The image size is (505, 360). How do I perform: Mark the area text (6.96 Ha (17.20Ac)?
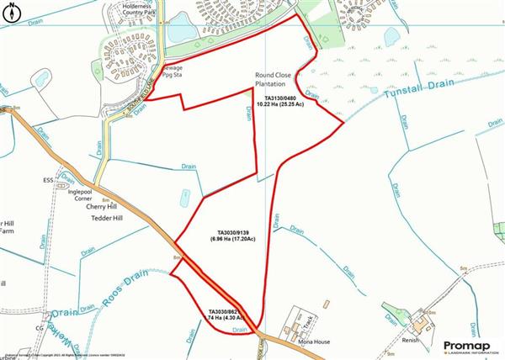click(233, 241)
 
